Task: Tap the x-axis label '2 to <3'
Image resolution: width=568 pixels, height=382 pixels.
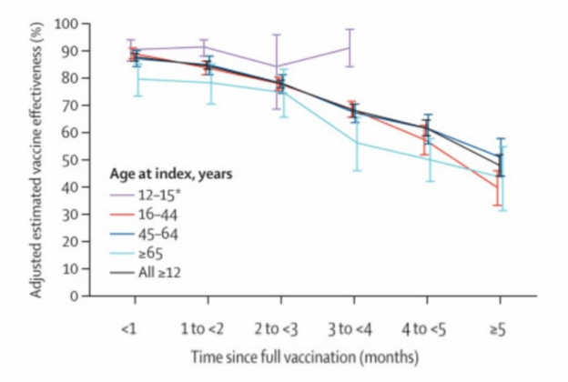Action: click(x=280, y=327)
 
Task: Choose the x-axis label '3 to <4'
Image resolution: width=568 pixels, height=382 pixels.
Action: click(x=352, y=327)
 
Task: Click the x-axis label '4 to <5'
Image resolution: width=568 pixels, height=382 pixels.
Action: click(x=426, y=327)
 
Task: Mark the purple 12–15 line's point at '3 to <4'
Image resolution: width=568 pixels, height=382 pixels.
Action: click(x=352, y=47)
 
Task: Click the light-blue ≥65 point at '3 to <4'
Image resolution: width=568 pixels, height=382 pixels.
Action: click(x=352, y=142)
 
